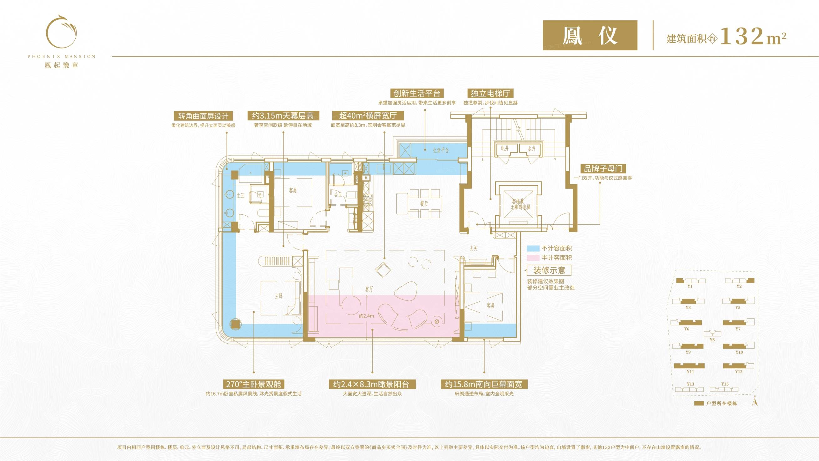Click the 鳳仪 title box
coord(590,35)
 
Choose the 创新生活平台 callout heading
coord(417,93)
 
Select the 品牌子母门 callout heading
coord(603,168)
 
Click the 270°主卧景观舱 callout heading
coord(254,384)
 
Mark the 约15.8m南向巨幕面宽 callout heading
coord(484,384)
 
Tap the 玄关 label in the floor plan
coord(473,248)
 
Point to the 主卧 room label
coord(279,296)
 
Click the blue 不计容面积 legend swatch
coord(533,248)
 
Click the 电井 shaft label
coord(505,148)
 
